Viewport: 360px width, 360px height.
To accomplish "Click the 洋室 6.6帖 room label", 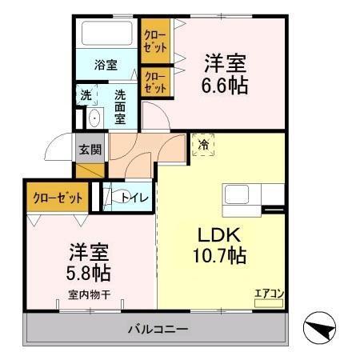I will [226, 74].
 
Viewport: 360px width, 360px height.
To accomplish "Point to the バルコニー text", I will [158, 329].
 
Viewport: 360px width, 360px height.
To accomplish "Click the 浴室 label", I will [105, 64].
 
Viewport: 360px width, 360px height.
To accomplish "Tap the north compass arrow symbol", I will [322, 327].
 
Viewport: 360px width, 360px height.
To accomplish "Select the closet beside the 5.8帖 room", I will [55, 196].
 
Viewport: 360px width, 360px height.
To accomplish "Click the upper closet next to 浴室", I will [155, 40].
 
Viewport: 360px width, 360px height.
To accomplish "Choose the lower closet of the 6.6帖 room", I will [155, 83].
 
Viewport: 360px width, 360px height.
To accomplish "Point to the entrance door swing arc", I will [59, 148].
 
